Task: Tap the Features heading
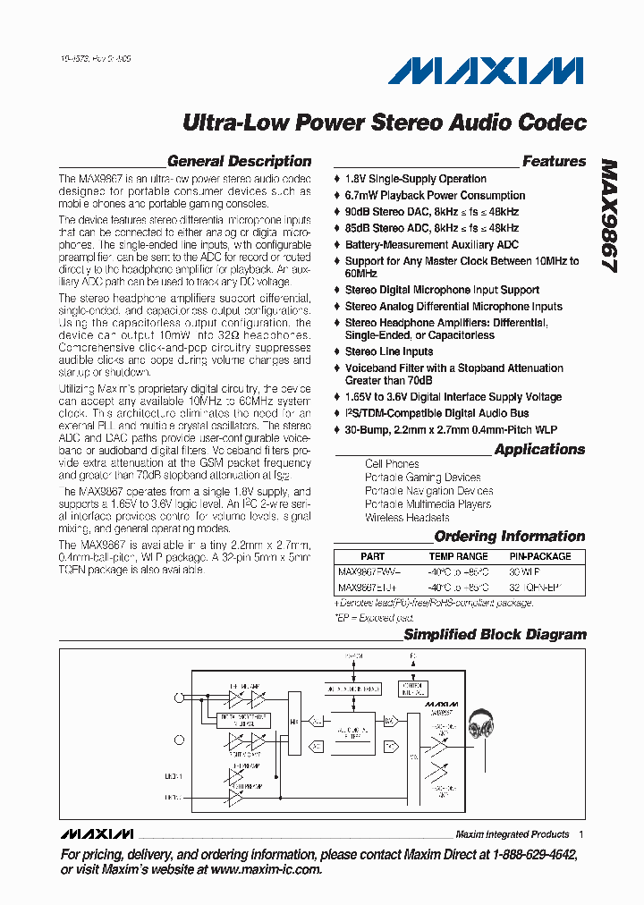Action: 554,162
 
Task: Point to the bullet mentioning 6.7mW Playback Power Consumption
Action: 435,196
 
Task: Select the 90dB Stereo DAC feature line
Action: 431,212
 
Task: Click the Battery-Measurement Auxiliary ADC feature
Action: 431,244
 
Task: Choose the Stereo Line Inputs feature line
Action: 389,351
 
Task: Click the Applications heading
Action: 539,450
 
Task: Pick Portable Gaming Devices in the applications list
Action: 422,478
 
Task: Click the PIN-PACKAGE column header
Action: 540,556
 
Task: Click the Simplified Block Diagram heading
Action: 495,635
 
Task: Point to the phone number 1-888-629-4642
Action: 528,855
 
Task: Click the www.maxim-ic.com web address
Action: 266,869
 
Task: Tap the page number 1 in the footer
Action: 580,834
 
